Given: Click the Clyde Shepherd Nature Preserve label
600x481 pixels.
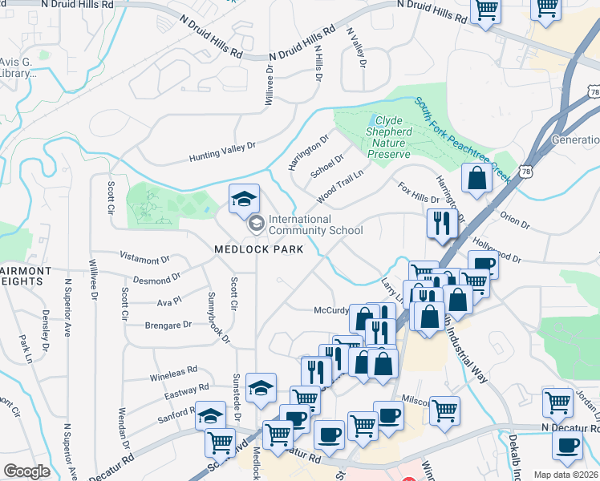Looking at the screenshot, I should point(388,137).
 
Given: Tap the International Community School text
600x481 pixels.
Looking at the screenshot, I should point(315,225).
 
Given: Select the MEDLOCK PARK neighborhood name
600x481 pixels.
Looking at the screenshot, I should point(258,249).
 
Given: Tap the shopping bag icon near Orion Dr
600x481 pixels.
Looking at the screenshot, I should point(477,179).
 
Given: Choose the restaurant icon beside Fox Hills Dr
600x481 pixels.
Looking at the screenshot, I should point(441,222).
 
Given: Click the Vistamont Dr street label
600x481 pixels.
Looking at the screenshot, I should point(144,260).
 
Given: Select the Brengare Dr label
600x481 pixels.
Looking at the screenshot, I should point(168,325).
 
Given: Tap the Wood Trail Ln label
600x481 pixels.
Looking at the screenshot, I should point(339,186).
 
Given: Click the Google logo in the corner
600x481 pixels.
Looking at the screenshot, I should point(26,471).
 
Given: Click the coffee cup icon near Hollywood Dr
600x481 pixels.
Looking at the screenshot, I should point(483,264).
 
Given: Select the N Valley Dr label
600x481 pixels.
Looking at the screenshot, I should point(356,48).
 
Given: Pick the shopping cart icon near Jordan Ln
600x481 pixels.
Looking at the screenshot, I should point(557,402).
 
